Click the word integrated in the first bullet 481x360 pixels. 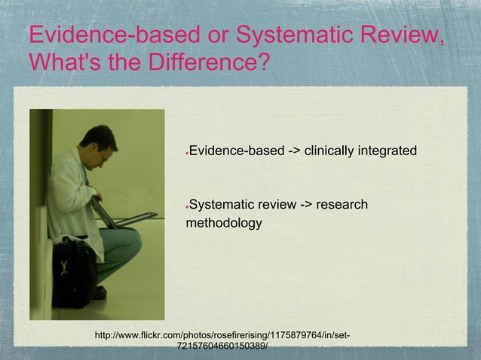coord(384,153)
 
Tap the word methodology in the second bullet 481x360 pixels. coord(224,223)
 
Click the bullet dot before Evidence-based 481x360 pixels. coord(186,155)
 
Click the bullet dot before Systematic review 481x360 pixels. coord(186,206)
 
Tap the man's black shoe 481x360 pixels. coord(99,293)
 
